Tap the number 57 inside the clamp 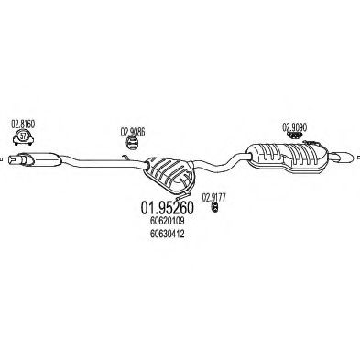22,137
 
